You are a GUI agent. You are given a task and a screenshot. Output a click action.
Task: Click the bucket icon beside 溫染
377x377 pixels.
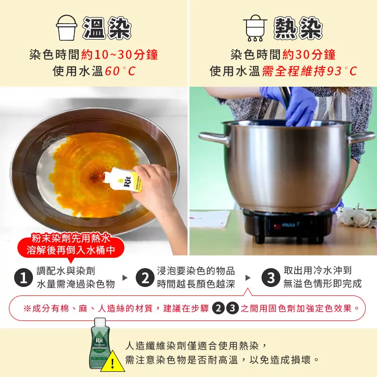pos(66,28)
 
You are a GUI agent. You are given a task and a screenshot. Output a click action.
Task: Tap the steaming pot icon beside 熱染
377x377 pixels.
pos(255,28)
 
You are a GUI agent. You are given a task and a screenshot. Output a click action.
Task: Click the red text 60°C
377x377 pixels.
pos(120,71)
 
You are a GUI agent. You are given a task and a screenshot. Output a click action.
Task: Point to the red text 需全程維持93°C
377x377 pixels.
pos(309,71)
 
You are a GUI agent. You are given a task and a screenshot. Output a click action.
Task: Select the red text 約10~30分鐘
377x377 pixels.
pos(120,55)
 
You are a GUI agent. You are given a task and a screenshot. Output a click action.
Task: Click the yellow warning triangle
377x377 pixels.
pos(112,362)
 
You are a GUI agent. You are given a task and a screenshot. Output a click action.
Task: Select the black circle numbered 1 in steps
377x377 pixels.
pos(23,278)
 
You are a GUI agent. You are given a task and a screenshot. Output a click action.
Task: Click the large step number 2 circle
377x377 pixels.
pos(145,278)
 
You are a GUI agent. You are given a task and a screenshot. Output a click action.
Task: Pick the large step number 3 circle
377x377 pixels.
pos(271,278)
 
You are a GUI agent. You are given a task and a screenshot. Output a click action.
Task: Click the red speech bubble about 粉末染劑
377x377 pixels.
pos(71,245)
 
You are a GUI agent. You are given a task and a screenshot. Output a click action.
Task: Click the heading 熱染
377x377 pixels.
pos(298,28)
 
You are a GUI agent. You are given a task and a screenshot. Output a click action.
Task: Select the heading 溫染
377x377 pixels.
pos(107,28)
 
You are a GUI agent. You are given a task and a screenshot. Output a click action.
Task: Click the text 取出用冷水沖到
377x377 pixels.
pos(318,270)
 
